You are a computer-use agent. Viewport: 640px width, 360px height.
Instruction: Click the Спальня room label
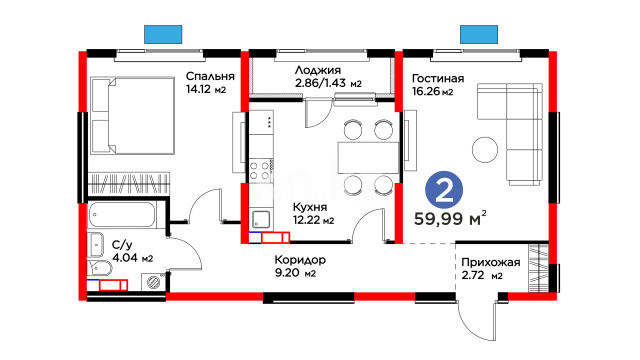pos(210,76)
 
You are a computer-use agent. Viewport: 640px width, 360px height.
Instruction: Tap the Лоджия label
pos(318,70)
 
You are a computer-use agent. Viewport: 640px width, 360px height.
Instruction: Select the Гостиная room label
pos(438,78)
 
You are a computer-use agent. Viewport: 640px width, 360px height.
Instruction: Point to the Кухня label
pos(310,207)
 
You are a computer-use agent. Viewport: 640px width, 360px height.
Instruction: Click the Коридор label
pos(300,260)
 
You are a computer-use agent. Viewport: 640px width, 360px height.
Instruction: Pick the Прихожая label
pos(491,262)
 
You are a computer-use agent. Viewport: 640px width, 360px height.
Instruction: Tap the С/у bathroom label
pos(122,245)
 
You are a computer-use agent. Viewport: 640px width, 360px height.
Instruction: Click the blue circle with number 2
pos(444,190)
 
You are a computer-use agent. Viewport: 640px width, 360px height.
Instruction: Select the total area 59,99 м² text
pos(450,218)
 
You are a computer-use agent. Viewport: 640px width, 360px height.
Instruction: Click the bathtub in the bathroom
pos(122,214)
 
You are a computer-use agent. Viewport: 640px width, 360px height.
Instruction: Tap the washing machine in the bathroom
pos(154,282)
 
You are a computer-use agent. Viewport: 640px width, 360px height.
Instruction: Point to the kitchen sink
pos(261,219)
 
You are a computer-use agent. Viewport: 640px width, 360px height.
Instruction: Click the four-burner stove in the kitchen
pos(261,170)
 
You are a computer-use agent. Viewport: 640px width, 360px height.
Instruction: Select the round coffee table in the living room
pos(485,149)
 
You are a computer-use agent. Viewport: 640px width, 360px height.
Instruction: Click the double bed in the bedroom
pos(133,116)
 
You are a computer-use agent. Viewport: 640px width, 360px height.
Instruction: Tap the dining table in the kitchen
pos(368,157)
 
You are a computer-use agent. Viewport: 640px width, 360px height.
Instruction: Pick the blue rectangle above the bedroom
pos(163,34)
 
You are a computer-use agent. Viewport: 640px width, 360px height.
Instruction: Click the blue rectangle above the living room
pos(479,34)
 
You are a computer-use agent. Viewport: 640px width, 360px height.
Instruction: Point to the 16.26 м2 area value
pos(432,91)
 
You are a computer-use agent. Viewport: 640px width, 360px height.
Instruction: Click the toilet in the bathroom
pos(100,268)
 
